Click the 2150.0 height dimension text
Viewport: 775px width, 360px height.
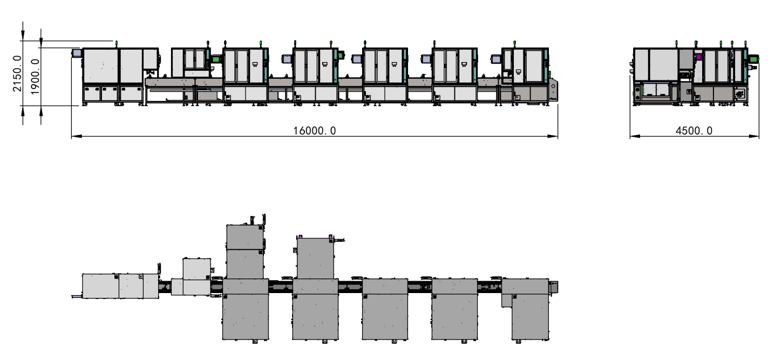pyautogui.click(x=17, y=73)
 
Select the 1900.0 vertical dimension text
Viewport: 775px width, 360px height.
pyautogui.click(x=35, y=77)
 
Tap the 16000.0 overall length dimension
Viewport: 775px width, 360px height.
pyautogui.click(x=315, y=131)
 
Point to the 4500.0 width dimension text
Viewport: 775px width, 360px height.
pyautogui.click(x=694, y=131)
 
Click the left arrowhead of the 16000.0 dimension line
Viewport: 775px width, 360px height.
pyautogui.click(x=77, y=137)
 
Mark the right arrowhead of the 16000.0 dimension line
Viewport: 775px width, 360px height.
pyautogui.click(x=553, y=137)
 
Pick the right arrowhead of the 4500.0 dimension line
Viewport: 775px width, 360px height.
pyautogui.click(x=754, y=137)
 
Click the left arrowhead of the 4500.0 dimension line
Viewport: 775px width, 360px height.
pyautogui.click(x=635, y=137)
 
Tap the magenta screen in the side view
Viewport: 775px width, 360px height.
pyautogui.click(x=698, y=57)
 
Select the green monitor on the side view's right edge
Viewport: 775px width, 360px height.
pyautogui.click(x=753, y=59)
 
